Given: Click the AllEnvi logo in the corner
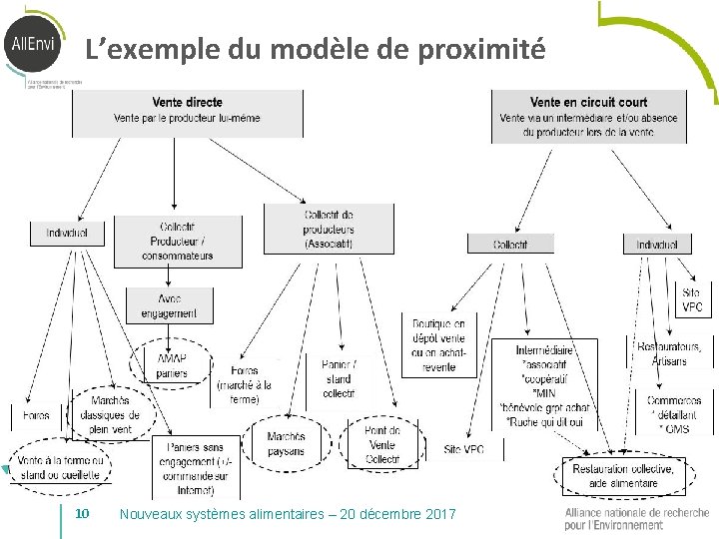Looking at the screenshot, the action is tap(33, 46).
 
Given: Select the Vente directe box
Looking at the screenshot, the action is tap(187, 111).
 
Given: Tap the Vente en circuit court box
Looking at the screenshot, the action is tap(588, 117).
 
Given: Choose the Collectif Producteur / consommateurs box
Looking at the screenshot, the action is tap(178, 241).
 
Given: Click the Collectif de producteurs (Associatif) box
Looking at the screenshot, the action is tap(329, 229).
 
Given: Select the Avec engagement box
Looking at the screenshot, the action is tap(170, 306).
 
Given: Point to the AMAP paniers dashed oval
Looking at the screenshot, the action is tap(171, 366).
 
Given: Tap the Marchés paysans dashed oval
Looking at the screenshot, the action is tap(286, 444).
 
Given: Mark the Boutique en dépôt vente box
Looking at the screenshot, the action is tap(438, 344).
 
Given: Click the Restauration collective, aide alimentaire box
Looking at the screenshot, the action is tap(622, 475).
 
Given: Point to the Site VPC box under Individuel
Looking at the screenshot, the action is tap(692, 299).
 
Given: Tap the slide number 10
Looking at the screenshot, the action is tap(83, 513).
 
